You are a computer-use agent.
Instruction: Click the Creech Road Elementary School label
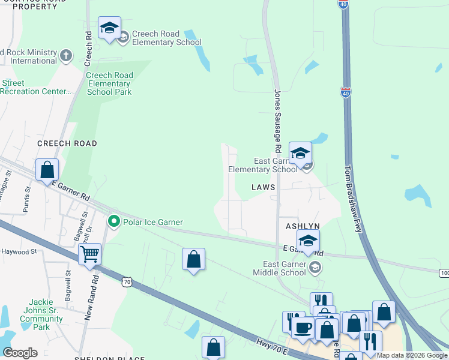point(166,38)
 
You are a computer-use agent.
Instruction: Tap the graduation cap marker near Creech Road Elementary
point(109,28)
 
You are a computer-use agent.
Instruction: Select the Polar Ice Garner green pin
point(113,222)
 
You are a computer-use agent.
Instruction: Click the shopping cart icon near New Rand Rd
point(89,255)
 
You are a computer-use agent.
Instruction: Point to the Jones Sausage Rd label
point(277,120)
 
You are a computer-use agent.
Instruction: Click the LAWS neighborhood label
point(264,187)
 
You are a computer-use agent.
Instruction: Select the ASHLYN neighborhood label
point(302,226)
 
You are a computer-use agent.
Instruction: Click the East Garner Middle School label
point(285,268)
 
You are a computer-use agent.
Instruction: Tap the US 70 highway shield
point(126,281)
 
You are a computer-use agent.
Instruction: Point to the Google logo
point(20,353)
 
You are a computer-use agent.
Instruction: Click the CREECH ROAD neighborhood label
point(67,144)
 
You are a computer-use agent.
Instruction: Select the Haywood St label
point(19,251)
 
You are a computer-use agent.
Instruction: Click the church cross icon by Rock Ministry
point(65,56)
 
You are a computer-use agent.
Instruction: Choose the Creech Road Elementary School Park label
point(109,83)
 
